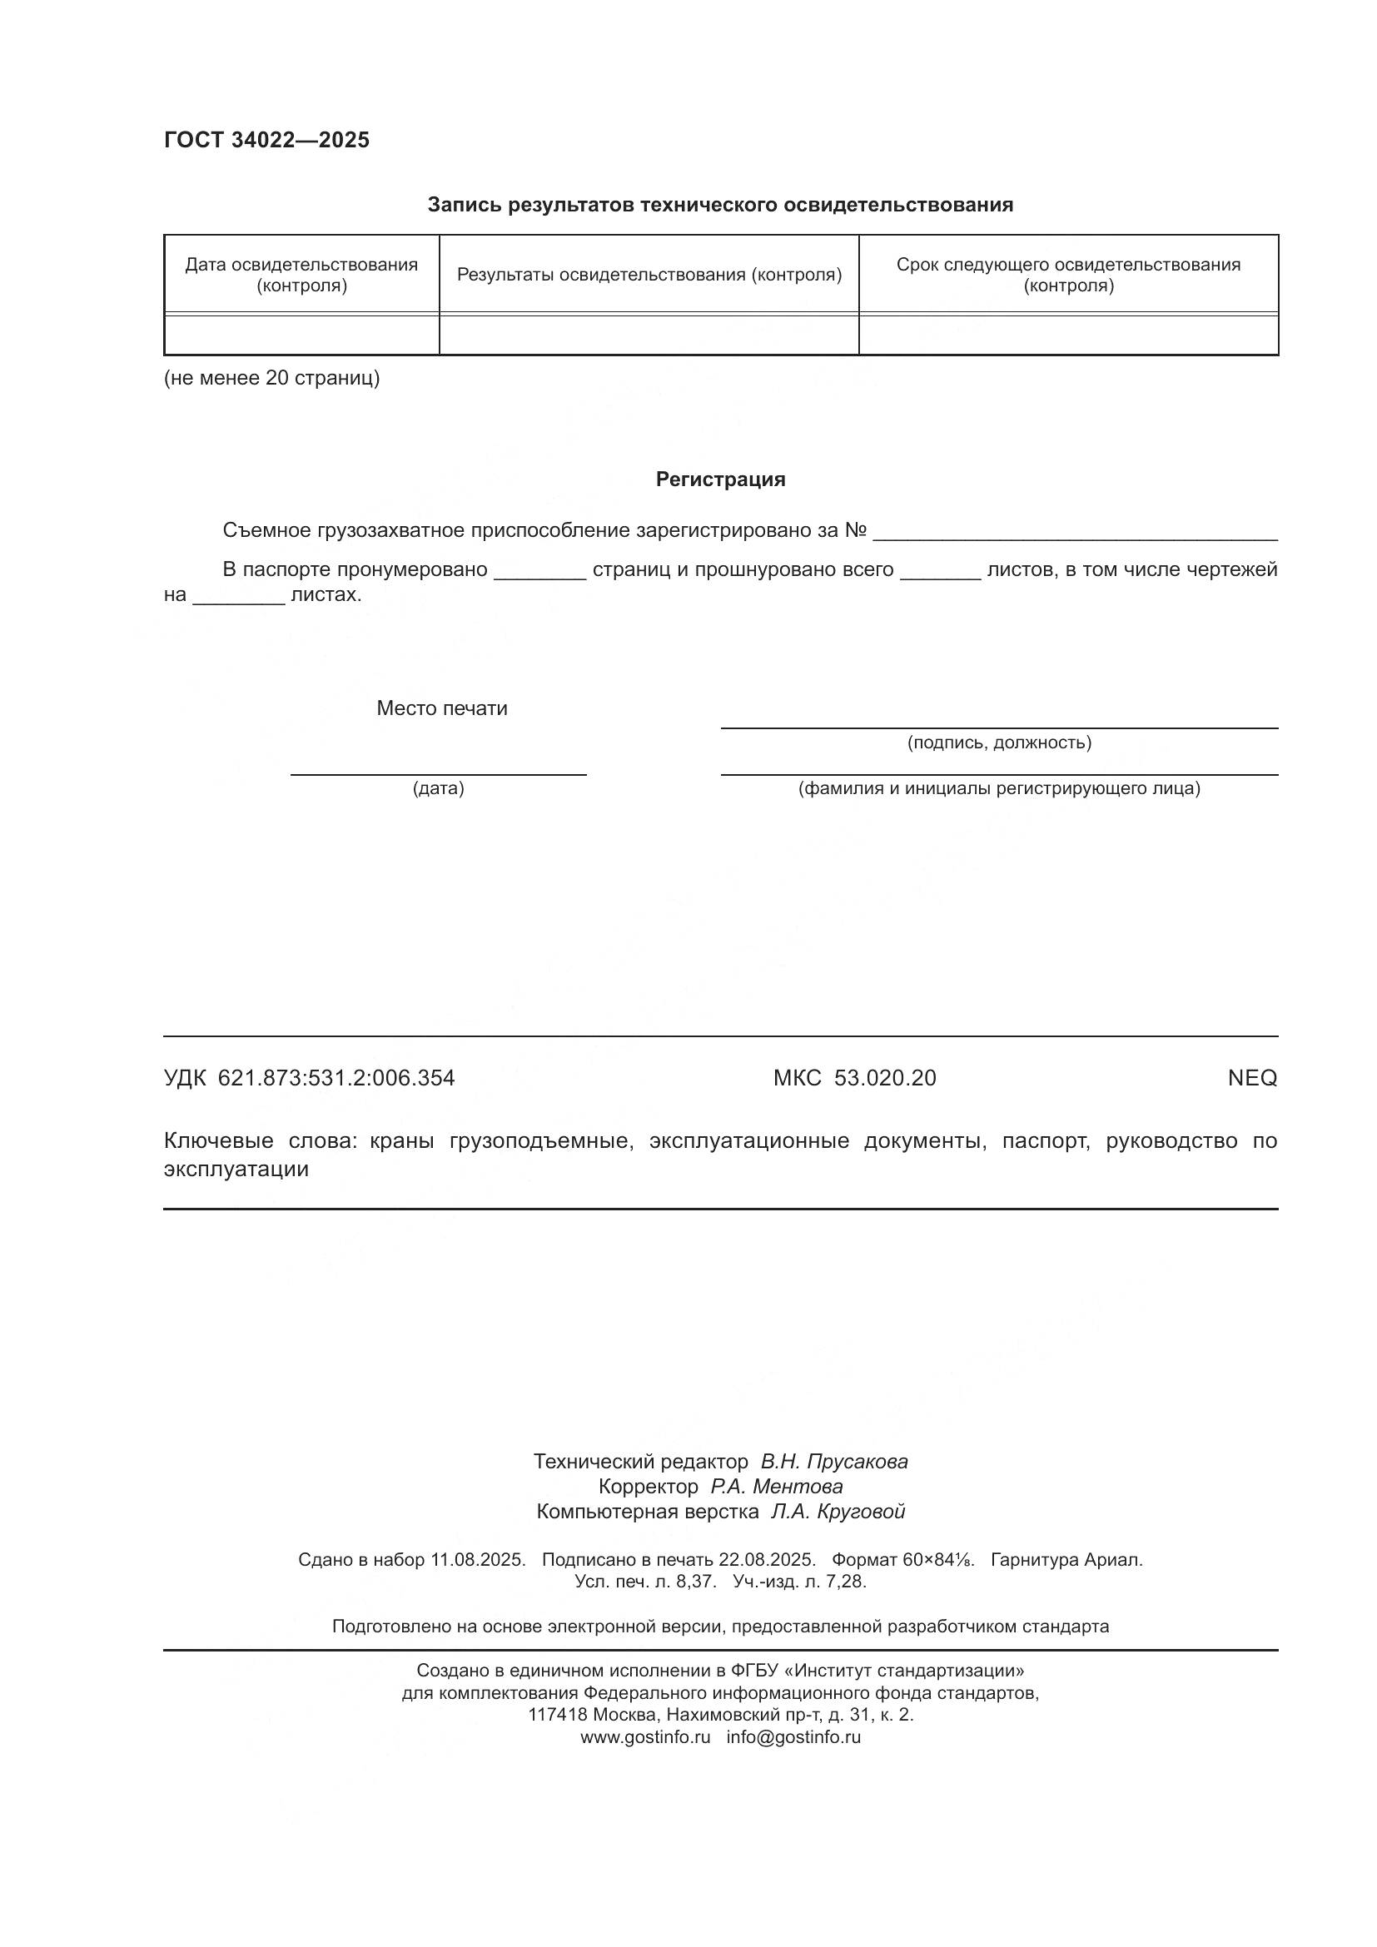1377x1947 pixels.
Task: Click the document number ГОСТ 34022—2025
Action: (266, 140)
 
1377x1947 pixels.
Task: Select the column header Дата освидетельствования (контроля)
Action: (301, 275)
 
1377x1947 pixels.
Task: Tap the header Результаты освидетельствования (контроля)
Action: (649, 275)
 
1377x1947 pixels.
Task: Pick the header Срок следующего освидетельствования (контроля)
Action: (1067, 275)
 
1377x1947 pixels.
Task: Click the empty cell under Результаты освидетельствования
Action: (649, 335)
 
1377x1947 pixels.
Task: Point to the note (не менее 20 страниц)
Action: (271, 378)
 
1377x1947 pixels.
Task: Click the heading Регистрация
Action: (720, 480)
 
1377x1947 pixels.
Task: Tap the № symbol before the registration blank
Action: (856, 531)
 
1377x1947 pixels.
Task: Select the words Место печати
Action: (442, 708)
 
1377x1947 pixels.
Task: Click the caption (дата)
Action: (439, 788)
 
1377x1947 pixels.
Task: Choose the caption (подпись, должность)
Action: (999, 743)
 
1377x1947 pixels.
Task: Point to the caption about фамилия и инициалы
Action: (999, 788)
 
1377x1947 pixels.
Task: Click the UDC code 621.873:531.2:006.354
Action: (336, 1079)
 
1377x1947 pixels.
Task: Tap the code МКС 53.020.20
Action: (854, 1079)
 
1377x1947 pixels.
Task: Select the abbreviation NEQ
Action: (1251, 1079)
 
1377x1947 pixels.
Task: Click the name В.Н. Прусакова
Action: (833, 1461)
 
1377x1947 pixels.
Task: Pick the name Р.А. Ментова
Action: (776, 1487)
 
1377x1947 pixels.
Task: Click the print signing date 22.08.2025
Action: (767, 1559)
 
